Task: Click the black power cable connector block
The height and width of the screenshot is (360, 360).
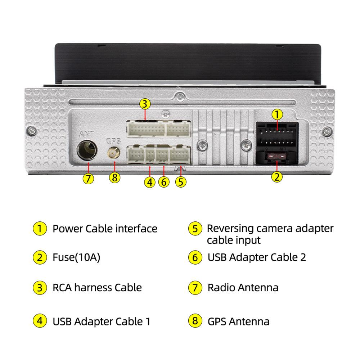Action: (x=276, y=137)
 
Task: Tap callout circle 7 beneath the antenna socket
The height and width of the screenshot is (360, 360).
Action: (x=88, y=178)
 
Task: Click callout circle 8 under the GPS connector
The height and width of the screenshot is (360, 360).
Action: (x=114, y=177)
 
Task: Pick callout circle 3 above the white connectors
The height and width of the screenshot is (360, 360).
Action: (x=144, y=104)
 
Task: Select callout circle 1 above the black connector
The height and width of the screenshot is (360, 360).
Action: (x=276, y=114)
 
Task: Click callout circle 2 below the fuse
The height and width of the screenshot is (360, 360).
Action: (x=276, y=177)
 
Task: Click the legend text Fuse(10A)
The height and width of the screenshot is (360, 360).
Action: (x=76, y=257)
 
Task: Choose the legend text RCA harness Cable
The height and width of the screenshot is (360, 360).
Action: (x=97, y=287)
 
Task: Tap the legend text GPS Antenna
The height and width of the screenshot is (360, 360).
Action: (x=238, y=321)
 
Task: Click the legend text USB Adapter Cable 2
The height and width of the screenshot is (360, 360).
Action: (x=257, y=257)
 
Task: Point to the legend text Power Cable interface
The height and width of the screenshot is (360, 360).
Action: (x=105, y=229)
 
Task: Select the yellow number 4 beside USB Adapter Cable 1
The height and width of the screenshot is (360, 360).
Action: (x=39, y=321)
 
